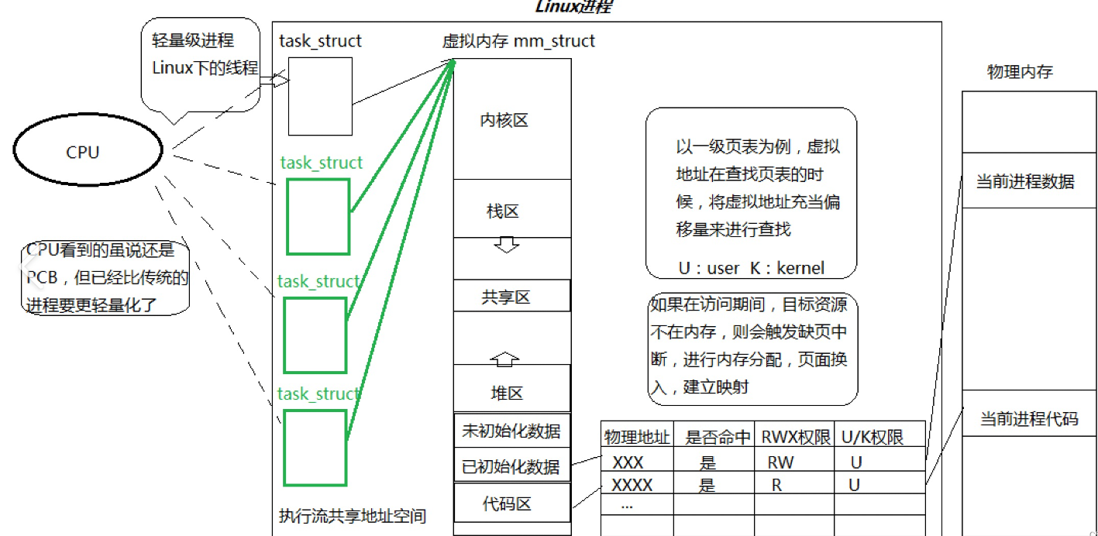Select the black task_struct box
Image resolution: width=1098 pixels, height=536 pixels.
pyautogui.click(x=320, y=96)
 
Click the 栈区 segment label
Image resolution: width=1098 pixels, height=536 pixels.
pyautogui.click(x=503, y=211)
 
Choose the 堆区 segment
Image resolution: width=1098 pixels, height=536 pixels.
pyautogui.click(x=507, y=392)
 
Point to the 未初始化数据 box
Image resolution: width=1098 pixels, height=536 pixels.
pyautogui.click(x=511, y=431)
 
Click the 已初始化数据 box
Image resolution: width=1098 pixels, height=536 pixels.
pyautogui.click(x=511, y=466)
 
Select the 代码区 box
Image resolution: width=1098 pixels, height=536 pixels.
pyautogui.click(x=511, y=503)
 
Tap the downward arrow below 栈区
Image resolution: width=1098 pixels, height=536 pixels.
pyautogui.click(x=506, y=246)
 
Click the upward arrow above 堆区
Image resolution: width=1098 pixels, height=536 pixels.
pyautogui.click(x=504, y=358)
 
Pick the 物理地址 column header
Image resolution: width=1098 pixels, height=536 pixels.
pyautogui.click(x=637, y=437)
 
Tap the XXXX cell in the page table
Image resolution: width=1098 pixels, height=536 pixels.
pyautogui.click(x=632, y=486)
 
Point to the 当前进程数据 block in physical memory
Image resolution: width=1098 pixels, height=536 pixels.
pyautogui.click(x=1025, y=181)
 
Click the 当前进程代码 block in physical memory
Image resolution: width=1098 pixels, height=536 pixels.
pyautogui.click(x=1028, y=419)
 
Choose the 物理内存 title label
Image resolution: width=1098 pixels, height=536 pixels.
pyautogui.click(x=1020, y=72)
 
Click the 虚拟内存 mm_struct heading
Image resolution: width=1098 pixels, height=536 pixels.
pyautogui.click(x=518, y=41)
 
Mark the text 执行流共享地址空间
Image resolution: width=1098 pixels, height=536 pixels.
pyautogui.click(x=352, y=515)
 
